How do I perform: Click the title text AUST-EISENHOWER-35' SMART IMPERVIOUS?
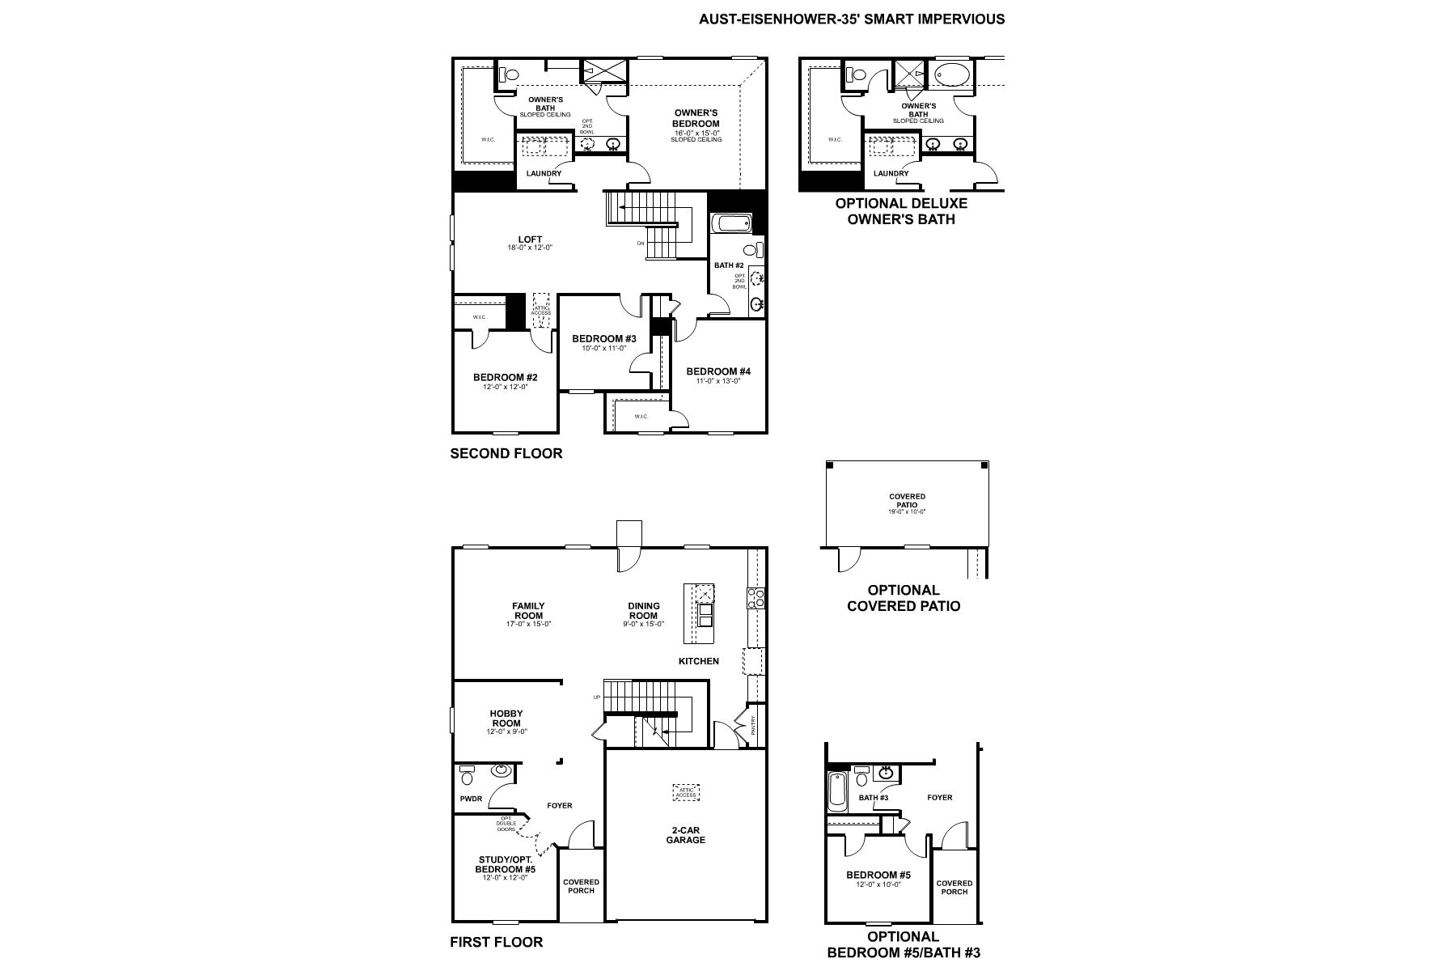pyautogui.click(x=852, y=19)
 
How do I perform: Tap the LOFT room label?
pyautogui.click(x=530, y=240)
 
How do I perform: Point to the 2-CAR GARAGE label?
pyautogui.click(x=685, y=835)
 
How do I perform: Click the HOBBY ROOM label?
pyautogui.click(x=506, y=719)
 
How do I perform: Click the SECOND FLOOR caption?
pyautogui.click(x=506, y=454)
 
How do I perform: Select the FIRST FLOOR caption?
pyautogui.click(x=496, y=942)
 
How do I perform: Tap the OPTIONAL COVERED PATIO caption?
pyautogui.click(x=904, y=598)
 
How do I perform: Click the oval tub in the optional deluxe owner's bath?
pyautogui.click(x=955, y=76)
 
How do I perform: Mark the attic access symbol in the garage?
pyautogui.click(x=686, y=792)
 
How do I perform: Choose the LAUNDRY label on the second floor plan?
pyautogui.click(x=544, y=174)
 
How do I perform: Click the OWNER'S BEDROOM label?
pyautogui.click(x=696, y=118)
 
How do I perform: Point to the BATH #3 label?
pyautogui.click(x=874, y=798)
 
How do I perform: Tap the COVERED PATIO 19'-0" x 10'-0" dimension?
pyautogui.click(x=907, y=511)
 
